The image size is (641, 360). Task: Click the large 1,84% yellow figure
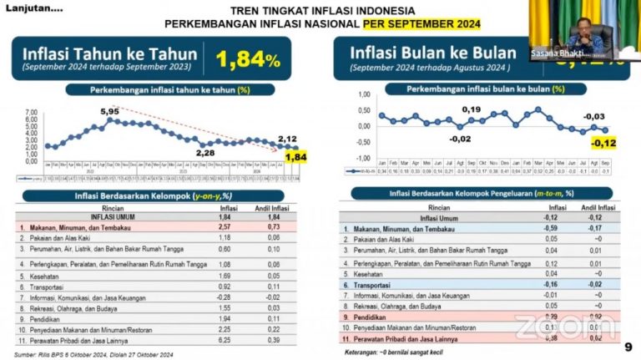[248, 58]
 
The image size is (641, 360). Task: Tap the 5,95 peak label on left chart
[109, 110]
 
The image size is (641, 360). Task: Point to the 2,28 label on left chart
[206, 153]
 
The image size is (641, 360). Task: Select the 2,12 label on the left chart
[287, 139]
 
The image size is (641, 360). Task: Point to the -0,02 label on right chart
[458, 139]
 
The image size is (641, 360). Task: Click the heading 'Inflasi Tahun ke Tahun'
[109, 55]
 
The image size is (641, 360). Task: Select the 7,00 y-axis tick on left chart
[32, 111]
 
